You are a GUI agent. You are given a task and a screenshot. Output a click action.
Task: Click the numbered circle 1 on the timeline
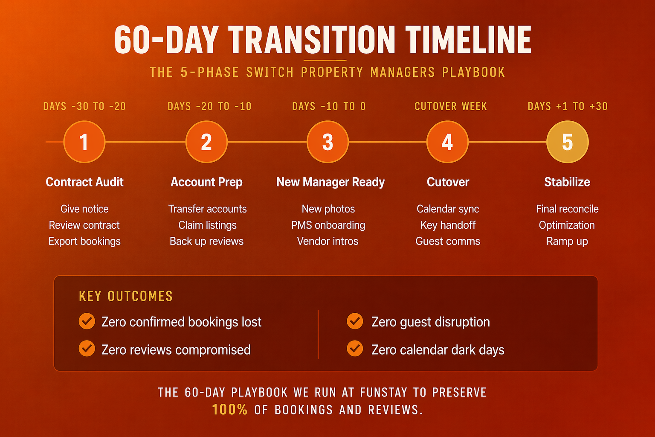pos(84,142)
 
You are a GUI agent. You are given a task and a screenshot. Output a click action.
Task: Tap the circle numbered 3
pos(327,142)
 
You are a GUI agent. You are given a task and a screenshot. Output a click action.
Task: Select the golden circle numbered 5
pos(567,142)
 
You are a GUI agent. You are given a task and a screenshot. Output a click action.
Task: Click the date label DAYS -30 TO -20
pos(84,106)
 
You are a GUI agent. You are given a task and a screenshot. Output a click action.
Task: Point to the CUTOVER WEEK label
pos(450,106)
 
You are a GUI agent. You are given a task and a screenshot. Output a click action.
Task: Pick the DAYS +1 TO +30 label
pos(567,106)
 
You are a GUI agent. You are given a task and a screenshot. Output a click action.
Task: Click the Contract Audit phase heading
pos(84,182)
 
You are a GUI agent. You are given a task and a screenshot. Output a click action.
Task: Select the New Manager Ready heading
pos(330,182)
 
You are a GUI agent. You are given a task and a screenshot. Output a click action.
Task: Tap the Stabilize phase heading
pos(567,182)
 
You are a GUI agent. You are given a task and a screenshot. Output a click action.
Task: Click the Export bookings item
pos(84,241)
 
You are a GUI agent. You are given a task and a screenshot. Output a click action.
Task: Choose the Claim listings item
pos(207,225)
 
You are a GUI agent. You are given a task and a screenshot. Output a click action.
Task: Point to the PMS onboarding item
pos(328,225)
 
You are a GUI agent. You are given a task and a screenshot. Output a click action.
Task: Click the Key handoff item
pos(448,225)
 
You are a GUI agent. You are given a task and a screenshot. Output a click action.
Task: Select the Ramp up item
pos(567,241)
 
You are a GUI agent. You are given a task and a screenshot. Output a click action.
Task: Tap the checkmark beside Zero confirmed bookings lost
pos(87,321)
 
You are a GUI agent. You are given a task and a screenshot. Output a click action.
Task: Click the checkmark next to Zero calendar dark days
pos(355,349)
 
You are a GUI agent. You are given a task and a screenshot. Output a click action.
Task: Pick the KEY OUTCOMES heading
pos(126,296)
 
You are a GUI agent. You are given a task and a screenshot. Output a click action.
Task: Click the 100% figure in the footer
pos(229,410)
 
